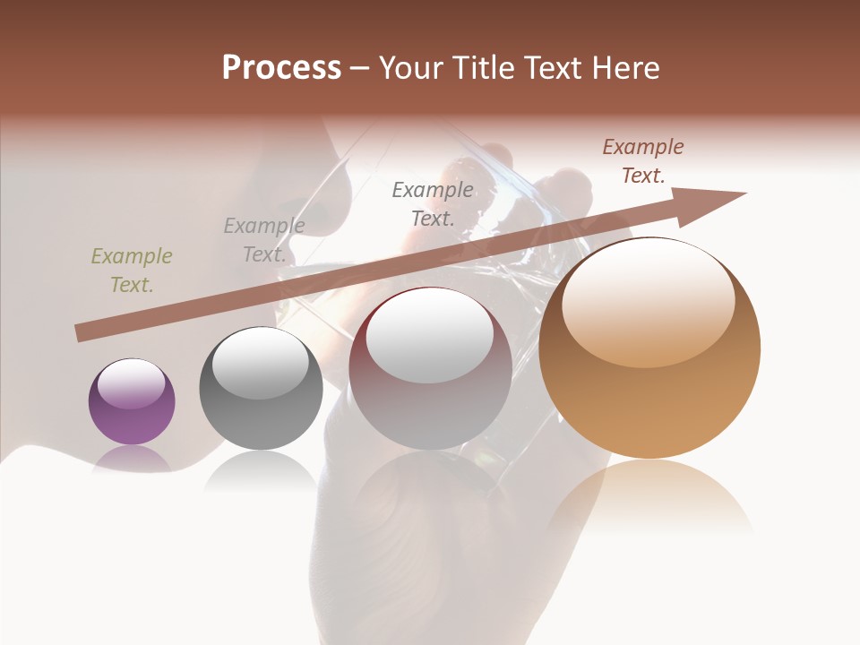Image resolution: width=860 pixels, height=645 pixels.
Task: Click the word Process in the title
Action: pos(281,67)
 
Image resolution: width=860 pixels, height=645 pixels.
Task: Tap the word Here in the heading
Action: pos(624,67)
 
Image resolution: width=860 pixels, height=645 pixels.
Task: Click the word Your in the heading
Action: pos(412,67)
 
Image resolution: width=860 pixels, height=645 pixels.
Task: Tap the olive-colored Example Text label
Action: pos(132,270)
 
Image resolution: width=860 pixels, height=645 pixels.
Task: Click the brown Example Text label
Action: pos(643,161)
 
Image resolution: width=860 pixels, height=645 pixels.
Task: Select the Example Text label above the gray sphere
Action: pos(264,239)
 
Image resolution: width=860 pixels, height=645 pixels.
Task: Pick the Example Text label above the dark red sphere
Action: pos(433,204)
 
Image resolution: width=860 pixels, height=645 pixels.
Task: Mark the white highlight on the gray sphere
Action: pos(261,365)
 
